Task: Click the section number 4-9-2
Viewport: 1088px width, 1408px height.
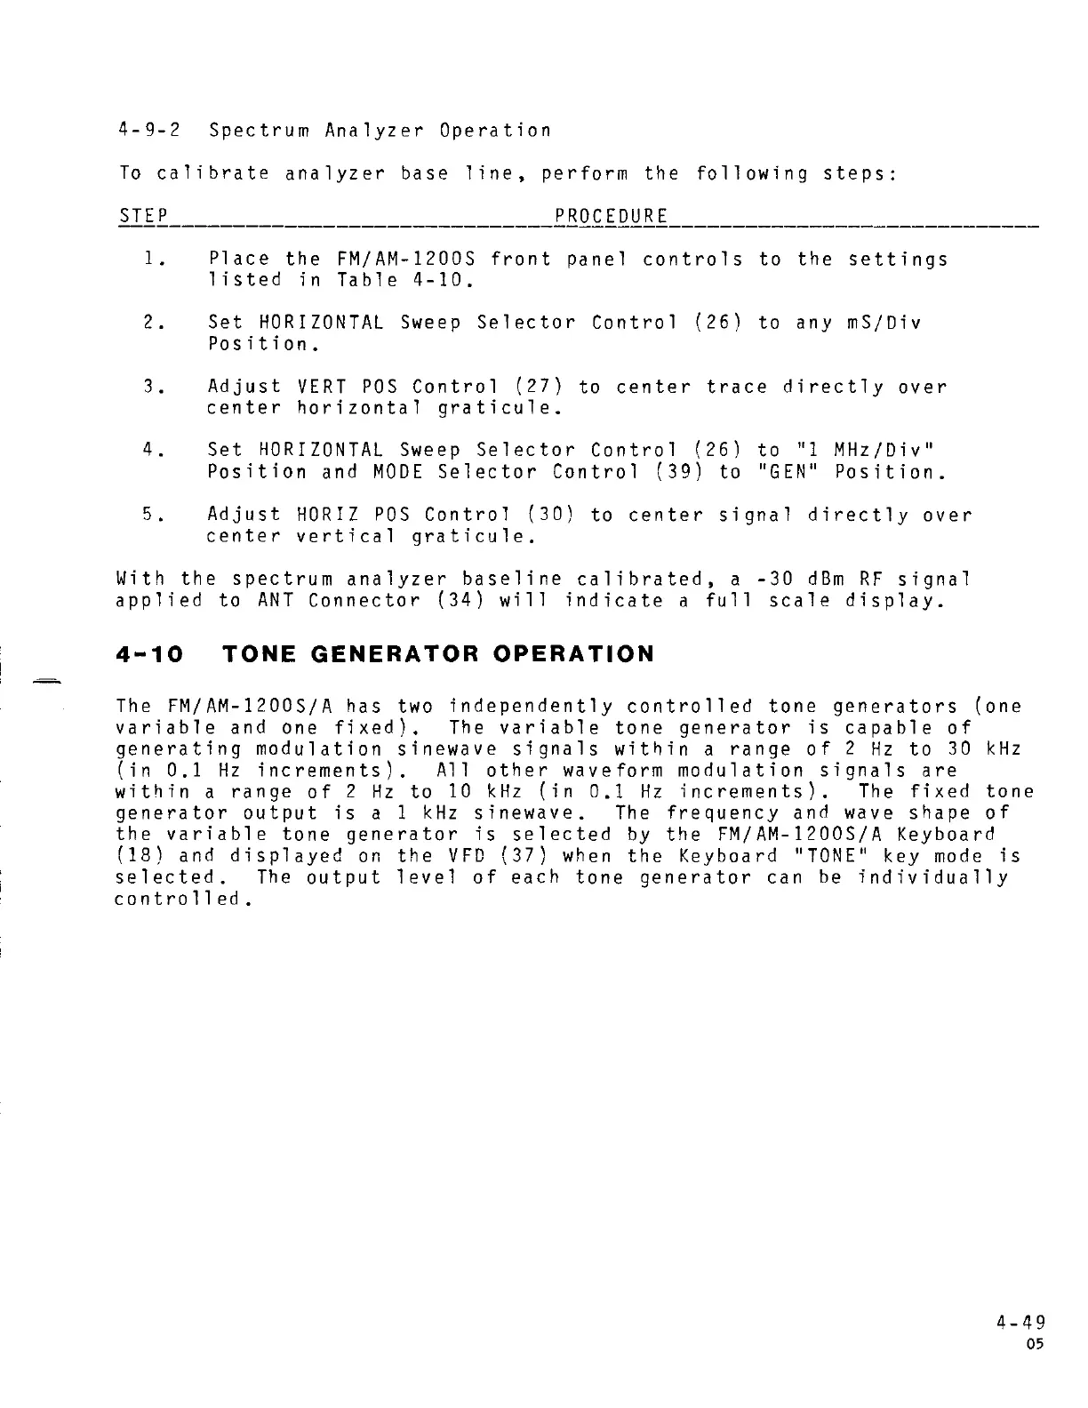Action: [x=149, y=131]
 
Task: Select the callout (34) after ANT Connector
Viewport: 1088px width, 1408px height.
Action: [x=459, y=601]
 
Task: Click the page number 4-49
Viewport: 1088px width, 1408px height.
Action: [x=1021, y=1321]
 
